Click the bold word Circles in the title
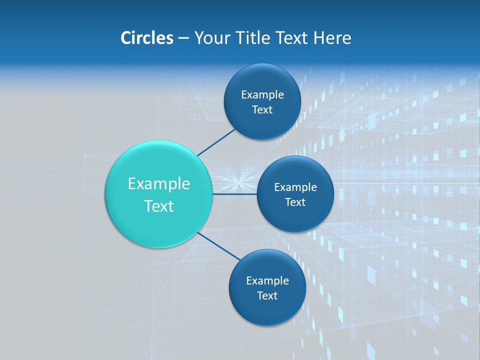[146, 38]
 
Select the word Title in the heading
[255, 38]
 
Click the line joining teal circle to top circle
[216, 142]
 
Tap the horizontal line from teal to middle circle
[234, 194]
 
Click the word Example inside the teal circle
[159, 183]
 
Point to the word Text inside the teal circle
[159, 206]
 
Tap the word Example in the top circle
[262, 94]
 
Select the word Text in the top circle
[262, 109]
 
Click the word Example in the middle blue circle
[295, 187]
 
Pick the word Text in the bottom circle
[267, 295]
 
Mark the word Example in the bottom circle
[267, 280]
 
